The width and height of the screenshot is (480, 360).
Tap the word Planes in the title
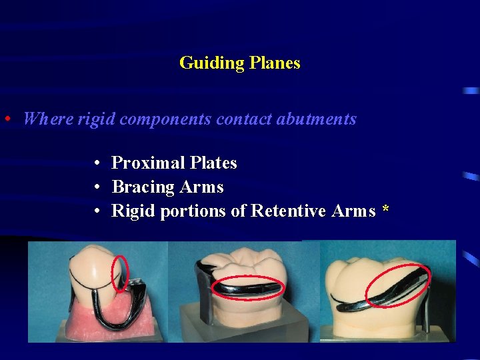pyautogui.click(x=275, y=63)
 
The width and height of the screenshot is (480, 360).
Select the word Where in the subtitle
pyautogui.click(x=48, y=119)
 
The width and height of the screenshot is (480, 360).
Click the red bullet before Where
pyautogui.click(x=6, y=120)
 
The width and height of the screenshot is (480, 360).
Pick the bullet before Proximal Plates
pyautogui.click(x=97, y=163)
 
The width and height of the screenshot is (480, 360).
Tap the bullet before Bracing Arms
pyautogui.click(x=97, y=187)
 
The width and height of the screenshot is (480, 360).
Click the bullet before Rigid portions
pyautogui.click(x=97, y=211)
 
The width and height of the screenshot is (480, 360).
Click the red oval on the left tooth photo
pyautogui.click(x=121, y=273)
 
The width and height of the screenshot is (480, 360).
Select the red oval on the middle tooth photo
pyautogui.click(x=247, y=288)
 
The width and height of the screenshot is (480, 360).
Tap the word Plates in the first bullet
pyautogui.click(x=213, y=163)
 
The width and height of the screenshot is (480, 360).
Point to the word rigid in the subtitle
pyautogui.click(x=97, y=119)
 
